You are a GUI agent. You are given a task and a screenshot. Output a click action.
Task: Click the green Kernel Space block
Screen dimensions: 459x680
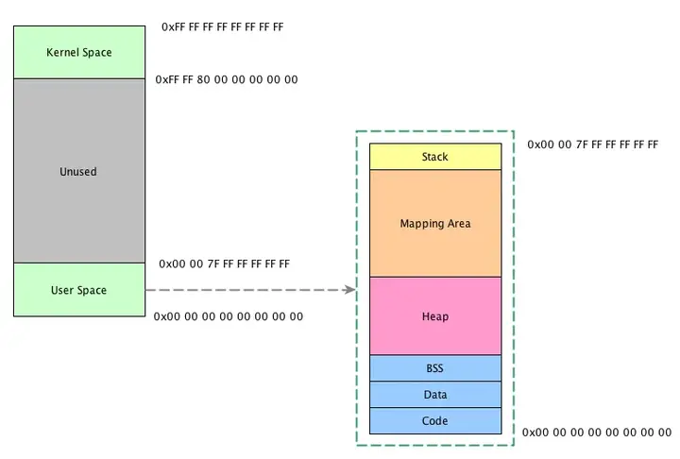coord(78,52)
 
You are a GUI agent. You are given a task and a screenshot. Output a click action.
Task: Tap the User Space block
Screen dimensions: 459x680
coord(78,289)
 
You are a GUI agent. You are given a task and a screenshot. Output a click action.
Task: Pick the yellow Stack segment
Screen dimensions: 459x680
coord(434,157)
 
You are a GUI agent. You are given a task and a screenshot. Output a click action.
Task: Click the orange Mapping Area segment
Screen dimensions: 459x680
coord(434,223)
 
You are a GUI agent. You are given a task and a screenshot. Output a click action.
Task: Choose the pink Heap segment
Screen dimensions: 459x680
coord(434,315)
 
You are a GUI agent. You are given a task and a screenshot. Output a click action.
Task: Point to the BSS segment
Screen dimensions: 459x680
coord(434,368)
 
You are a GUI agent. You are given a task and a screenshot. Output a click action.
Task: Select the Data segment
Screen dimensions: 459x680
coord(434,395)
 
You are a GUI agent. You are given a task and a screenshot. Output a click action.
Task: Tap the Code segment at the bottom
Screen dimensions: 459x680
coord(434,421)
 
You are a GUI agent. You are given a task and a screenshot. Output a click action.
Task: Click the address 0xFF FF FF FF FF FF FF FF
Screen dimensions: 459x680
coord(222,27)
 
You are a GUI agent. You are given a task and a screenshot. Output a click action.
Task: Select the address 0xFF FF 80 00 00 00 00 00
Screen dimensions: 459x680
coord(227,79)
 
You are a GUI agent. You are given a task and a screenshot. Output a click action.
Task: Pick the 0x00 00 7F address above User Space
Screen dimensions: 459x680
coord(224,263)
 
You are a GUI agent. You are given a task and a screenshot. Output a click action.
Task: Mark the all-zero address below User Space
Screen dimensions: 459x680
coord(229,316)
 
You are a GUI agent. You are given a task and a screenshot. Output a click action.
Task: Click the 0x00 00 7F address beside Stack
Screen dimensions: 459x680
coord(592,145)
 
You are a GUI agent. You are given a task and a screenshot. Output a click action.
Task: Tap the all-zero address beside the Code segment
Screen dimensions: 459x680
coord(597,432)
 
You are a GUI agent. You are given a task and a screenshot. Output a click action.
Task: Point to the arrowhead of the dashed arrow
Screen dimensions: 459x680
coord(351,289)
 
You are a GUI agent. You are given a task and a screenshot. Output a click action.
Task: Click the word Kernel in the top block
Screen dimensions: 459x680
coord(62,52)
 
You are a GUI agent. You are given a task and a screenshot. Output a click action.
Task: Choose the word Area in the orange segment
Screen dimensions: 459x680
coord(458,224)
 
